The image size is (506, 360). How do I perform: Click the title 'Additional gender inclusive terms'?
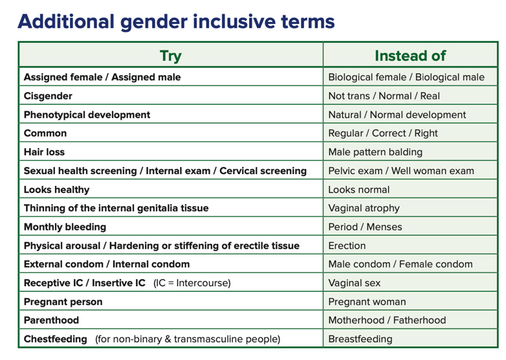click(176, 22)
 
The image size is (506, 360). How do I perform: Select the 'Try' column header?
click(170, 56)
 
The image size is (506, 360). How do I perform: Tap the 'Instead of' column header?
click(410, 56)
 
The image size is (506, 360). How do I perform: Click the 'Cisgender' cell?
click(48, 96)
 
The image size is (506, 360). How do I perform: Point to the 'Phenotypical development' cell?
click(87, 115)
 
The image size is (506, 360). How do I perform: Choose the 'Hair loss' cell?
click(44, 152)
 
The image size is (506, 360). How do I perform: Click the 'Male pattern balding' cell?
click(375, 152)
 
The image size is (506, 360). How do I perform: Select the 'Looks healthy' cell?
click(56, 190)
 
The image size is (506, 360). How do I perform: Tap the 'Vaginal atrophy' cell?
click(364, 208)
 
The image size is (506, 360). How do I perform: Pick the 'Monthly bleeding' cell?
click(65, 227)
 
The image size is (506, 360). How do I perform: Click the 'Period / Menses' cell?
click(365, 227)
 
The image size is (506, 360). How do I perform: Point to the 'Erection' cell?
click(347, 246)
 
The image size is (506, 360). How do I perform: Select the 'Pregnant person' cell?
click(63, 302)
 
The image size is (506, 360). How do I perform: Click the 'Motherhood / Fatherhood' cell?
click(387, 321)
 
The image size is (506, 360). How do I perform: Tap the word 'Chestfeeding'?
click(55, 339)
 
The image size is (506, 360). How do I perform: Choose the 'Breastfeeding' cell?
click(360, 339)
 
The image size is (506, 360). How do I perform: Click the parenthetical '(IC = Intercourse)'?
click(192, 283)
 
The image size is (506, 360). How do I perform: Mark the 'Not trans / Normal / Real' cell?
click(384, 96)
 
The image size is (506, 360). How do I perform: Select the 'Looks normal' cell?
click(358, 190)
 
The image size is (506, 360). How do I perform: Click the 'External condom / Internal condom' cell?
click(107, 264)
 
